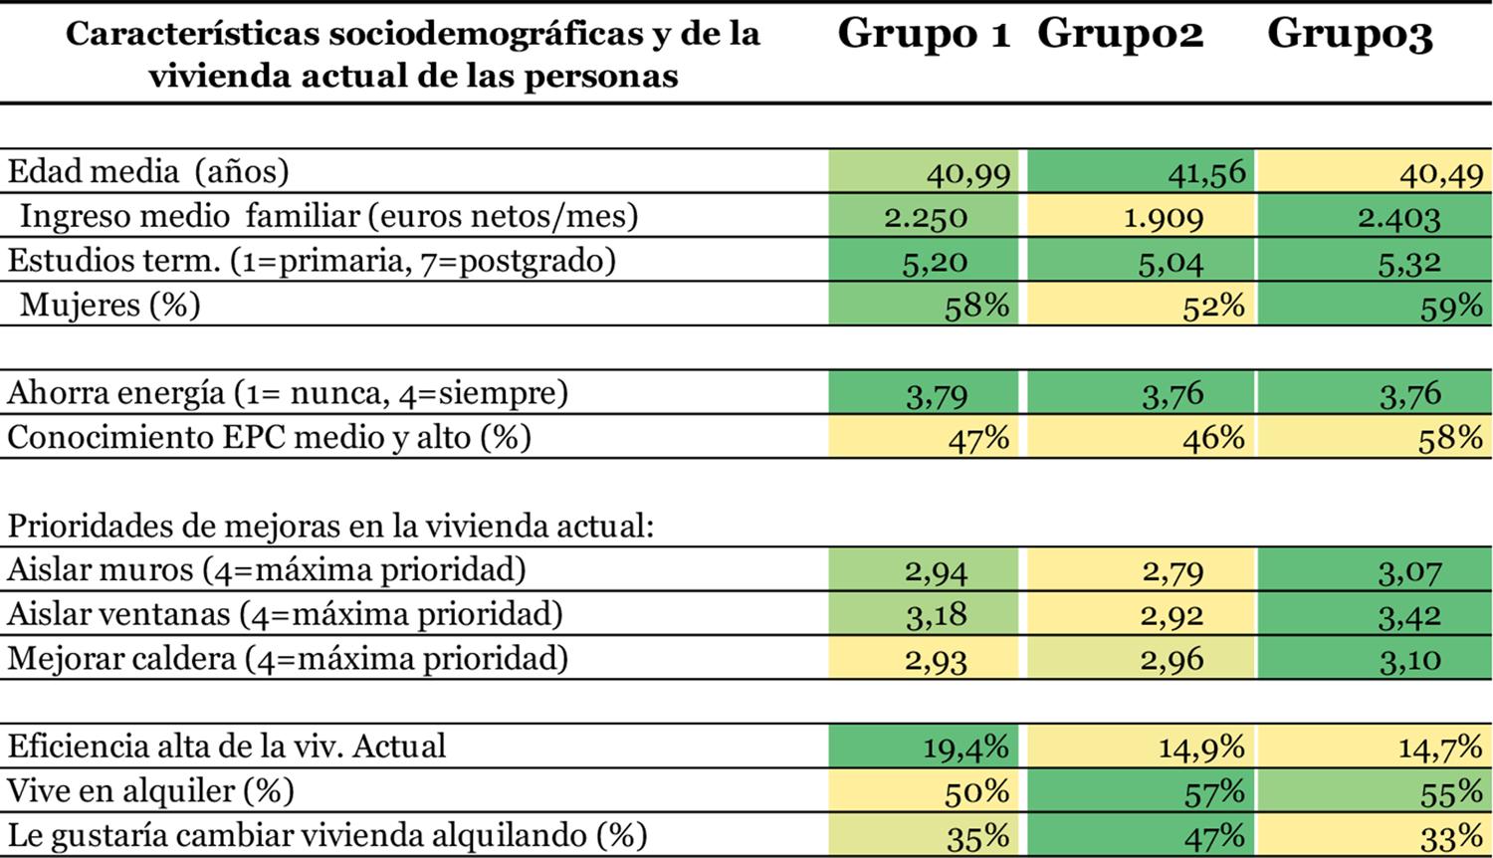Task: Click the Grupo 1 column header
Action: pyautogui.click(x=923, y=34)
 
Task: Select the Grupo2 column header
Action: pyautogui.click(x=1120, y=34)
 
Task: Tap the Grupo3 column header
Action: pyautogui.click(x=1349, y=34)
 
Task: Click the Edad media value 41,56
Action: pyautogui.click(x=1205, y=173)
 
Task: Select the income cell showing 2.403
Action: pyautogui.click(x=1398, y=217)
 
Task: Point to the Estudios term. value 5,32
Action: pyautogui.click(x=1410, y=262)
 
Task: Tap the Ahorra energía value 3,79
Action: pyautogui.click(x=937, y=394)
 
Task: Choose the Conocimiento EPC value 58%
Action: pyautogui.click(x=1449, y=438)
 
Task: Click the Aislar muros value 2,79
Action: pyautogui.click(x=1173, y=571)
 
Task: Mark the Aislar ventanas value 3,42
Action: pyautogui.click(x=1408, y=615)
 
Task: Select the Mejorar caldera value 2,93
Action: pyautogui.click(x=936, y=659)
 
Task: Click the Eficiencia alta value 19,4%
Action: pyautogui.click(x=964, y=747)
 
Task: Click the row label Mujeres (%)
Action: pyautogui.click(x=109, y=305)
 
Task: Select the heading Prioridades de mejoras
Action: pyautogui.click(x=329, y=526)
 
